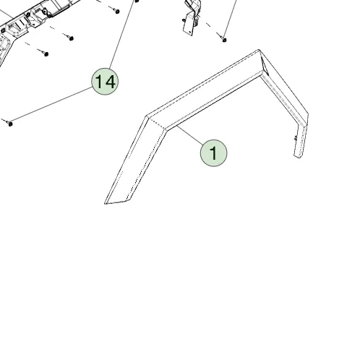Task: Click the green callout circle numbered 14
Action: coord(105,82)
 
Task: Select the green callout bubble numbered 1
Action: coord(213,153)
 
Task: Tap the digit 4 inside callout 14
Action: coord(111,82)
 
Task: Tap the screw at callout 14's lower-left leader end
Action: coord(10,124)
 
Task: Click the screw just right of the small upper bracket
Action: coord(224,40)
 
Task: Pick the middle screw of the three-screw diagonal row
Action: coord(71,38)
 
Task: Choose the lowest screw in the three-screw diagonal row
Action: coord(46,54)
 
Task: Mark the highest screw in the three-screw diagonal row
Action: coord(117,11)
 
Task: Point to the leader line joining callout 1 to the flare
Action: coord(190,135)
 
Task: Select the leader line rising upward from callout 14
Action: coord(122,35)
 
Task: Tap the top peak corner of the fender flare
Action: coord(259,50)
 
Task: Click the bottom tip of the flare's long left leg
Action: coord(106,204)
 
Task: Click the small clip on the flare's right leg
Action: coord(296,138)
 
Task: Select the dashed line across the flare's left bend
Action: coord(157,124)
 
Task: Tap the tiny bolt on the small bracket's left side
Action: coord(184,20)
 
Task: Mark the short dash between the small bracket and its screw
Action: coord(209,25)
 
